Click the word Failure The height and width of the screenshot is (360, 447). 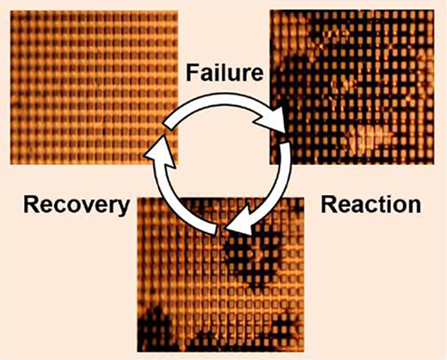[224, 73]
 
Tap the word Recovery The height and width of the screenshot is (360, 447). [77, 206]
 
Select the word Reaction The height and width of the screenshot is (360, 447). [370, 205]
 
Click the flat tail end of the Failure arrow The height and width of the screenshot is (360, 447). [168, 125]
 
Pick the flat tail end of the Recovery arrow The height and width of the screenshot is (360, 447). [217, 230]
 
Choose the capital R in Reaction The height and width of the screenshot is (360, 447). [328, 205]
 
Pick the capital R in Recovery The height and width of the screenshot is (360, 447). [32, 205]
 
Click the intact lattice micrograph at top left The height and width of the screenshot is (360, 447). [94, 88]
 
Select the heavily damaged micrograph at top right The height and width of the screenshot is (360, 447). [352, 87]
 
